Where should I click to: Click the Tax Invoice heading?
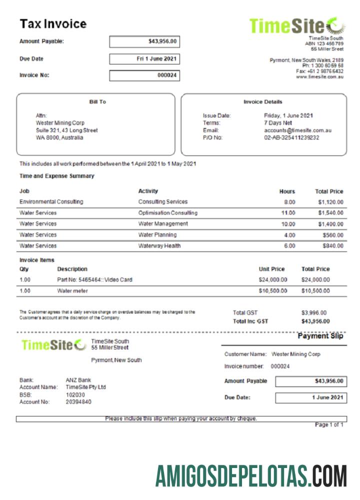coord(53,24)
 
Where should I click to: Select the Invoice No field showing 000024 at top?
coord(144,76)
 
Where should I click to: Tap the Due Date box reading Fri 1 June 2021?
coord(144,59)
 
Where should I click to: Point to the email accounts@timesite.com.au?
coord(298,130)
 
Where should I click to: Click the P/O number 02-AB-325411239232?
coord(291,137)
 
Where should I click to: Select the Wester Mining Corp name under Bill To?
coord(60,123)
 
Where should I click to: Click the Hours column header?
coord(287,191)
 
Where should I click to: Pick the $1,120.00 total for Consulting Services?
coord(330,202)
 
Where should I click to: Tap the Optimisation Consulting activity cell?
coord(167,213)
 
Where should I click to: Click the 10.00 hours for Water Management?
coord(288,224)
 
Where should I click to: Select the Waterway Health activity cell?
coord(159,246)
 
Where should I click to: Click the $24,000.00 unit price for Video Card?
coord(273,280)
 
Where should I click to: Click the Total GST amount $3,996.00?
coord(314,313)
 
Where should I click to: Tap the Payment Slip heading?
coord(320,336)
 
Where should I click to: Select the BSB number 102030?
coord(75,394)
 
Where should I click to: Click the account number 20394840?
coord(78,401)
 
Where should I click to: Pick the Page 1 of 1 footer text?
coord(329,425)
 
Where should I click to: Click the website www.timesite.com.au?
coord(319,77)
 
